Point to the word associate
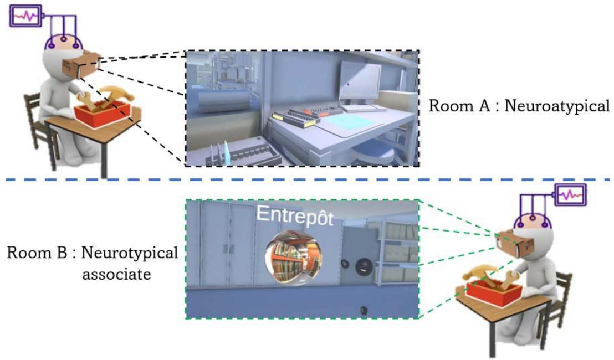pyautogui.click(x=116, y=274)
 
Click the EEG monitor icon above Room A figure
pyautogui.click(x=26, y=17)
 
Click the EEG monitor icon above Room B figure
pyautogui.click(x=570, y=195)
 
